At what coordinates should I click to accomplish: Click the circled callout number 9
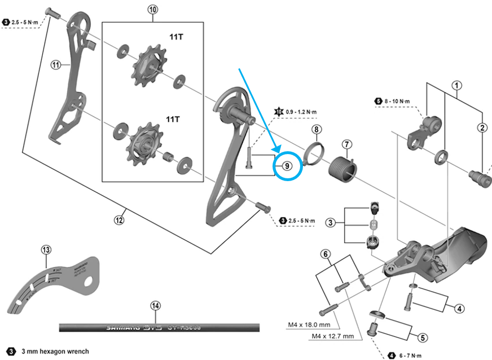287,166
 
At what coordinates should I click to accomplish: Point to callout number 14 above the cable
155,306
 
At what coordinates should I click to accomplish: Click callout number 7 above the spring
346,144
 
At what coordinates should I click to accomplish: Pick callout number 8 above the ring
317,130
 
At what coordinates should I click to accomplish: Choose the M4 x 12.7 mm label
333,337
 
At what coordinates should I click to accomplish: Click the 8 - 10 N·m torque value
397,101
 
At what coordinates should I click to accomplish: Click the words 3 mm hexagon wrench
55,352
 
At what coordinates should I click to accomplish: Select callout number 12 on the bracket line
119,220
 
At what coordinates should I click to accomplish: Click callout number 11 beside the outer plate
55,65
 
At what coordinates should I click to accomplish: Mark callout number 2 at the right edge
482,128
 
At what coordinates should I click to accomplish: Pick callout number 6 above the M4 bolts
326,254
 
